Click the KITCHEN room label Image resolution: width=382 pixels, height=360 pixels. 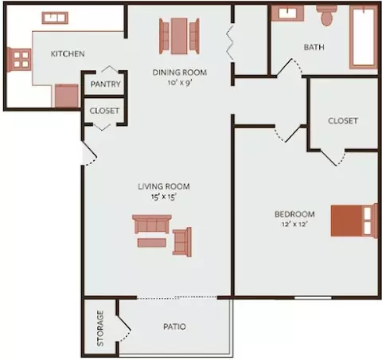point(68,53)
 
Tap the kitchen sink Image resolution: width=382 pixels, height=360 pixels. point(55,18)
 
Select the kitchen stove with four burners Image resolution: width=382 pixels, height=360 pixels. point(19,60)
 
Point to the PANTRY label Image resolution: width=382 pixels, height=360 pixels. point(105,84)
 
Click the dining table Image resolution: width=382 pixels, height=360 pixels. point(179,36)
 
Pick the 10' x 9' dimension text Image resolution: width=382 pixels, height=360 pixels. point(180,83)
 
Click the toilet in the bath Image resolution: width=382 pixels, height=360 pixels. point(326,15)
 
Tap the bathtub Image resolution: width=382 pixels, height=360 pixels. point(364,37)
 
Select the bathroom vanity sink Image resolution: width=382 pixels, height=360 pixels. point(287,13)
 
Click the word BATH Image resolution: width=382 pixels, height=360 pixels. point(314,47)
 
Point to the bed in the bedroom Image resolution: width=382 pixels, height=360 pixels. point(354,221)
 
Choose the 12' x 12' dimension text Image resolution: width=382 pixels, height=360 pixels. point(294,224)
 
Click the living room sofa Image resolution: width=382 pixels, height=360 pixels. point(152,224)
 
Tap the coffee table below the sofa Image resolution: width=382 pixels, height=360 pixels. point(152,243)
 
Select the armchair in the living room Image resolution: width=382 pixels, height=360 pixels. point(182,242)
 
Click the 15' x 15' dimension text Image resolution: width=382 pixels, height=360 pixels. point(164,197)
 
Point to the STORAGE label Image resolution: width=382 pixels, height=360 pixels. point(100,328)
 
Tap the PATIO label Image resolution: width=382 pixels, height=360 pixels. point(174,327)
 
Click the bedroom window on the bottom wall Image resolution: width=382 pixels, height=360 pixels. point(313,298)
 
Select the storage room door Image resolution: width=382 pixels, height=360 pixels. point(123,323)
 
